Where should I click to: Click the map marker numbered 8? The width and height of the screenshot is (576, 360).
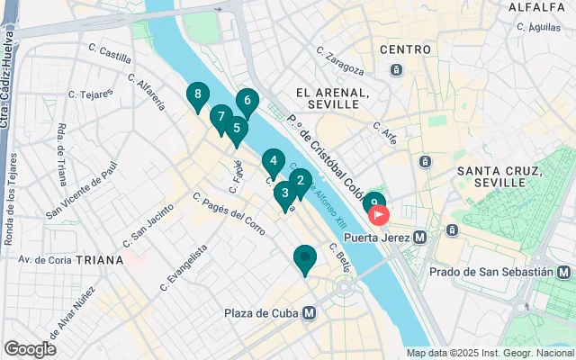[x=197, y=94]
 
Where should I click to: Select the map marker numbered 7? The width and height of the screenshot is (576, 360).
[x=220, y=117]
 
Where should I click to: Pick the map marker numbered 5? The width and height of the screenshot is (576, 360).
[x=236, y=129]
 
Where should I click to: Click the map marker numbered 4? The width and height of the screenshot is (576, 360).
[x=274, y=162]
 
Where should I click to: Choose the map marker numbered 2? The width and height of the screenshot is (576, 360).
[x=300, y=180]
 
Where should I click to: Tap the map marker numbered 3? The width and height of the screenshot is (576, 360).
[x=285, y=193]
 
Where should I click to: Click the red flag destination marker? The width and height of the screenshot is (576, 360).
[x=380, y=216]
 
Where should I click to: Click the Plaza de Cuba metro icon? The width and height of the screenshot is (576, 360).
[x=309, y=313]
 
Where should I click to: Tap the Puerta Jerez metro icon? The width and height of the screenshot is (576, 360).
[x=419, y=238]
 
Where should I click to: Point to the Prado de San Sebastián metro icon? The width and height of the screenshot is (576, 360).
[x=563, y=271]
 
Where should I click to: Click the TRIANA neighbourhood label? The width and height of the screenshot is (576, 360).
[x=100, y=259]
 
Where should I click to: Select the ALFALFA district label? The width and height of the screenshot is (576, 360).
[x=536, y=7]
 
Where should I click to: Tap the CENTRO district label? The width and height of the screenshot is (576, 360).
[x=406, y=49]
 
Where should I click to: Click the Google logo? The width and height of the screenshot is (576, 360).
[x=31, y=348]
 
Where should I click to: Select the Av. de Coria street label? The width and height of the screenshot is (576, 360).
[x=45, y=260]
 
